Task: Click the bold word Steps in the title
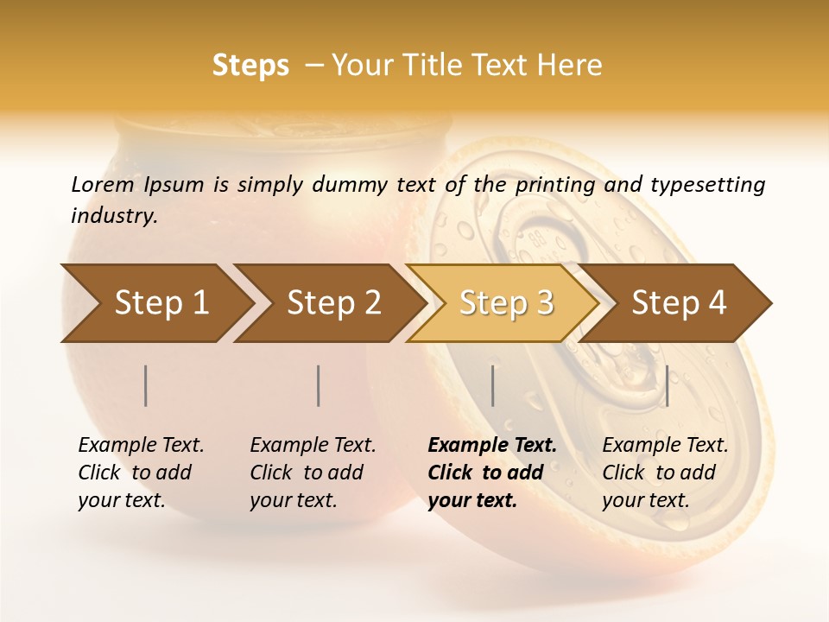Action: (250, 66)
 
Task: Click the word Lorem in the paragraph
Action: (103, 184)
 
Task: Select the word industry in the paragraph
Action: (112, 216)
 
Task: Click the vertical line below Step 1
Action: (146, 386)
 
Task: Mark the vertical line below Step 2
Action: (319, 386)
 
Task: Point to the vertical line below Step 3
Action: (492, 386)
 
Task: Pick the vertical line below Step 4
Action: (667, 386)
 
